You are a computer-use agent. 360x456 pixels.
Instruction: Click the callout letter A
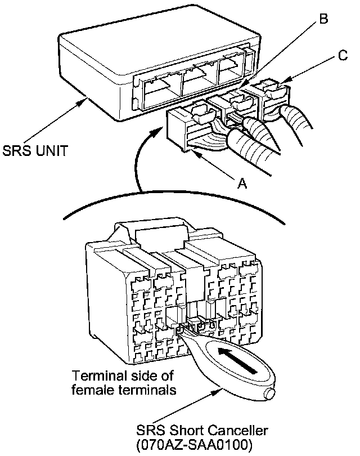click(x=242, y=183)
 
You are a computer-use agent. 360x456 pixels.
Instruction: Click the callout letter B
click(x=323, y=19)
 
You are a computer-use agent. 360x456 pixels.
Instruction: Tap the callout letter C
click(x=343, y=55)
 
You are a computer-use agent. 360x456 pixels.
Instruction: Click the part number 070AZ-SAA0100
click(x=193, y=444)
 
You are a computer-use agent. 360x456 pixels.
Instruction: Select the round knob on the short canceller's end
click(x=269, y=393)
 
